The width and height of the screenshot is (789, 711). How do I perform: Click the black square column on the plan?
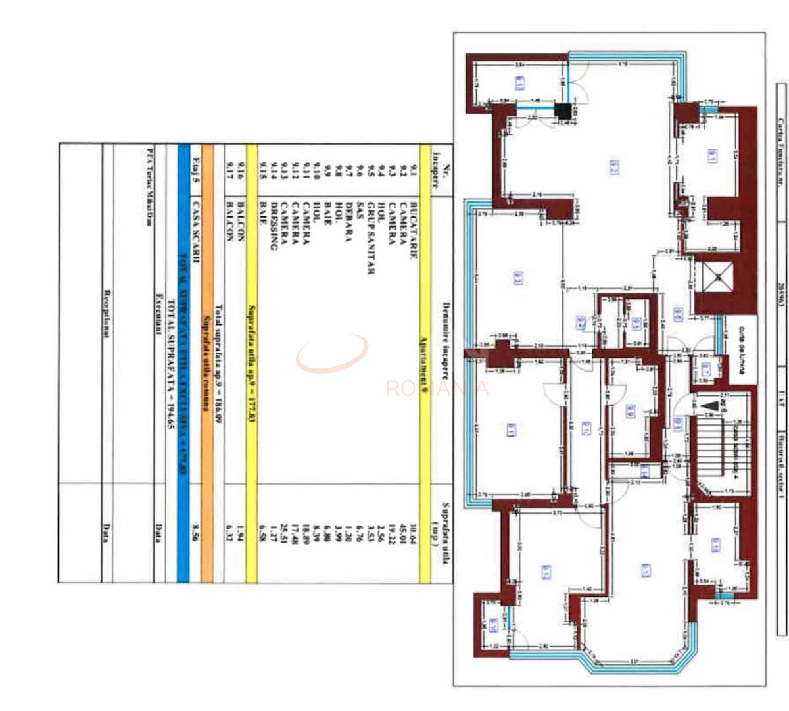coord(563,111)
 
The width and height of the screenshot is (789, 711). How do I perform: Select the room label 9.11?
coord(512,430)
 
